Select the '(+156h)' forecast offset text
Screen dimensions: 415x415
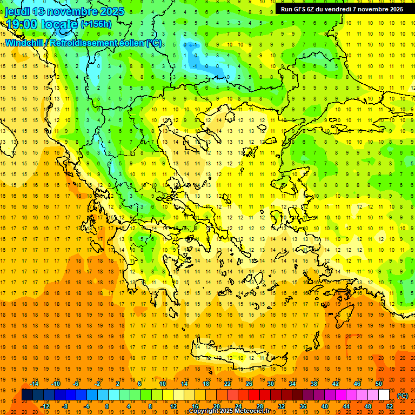[96, 24]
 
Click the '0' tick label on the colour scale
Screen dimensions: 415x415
[107, 406]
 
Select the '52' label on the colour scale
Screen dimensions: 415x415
[390, 406]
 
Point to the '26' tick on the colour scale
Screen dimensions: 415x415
[249, 384]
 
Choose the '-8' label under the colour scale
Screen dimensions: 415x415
[65, 406]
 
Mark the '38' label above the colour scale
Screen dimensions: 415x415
[314, 384]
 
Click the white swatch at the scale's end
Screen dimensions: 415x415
[384, 395]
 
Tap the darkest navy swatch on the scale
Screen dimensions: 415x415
[27, 395]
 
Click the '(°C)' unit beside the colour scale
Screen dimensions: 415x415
[403, 396]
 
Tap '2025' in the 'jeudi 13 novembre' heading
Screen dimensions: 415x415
[108, 11]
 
